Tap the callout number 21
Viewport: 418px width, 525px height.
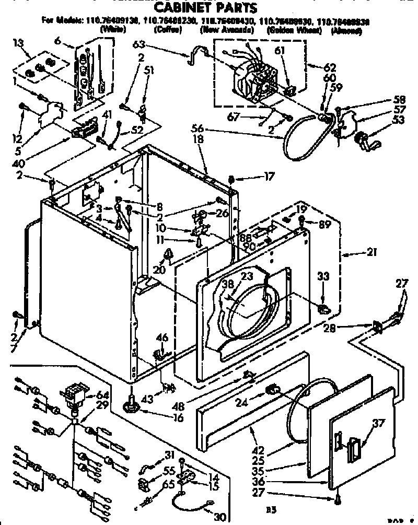pos(372,254)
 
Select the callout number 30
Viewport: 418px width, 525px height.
pos(219,517)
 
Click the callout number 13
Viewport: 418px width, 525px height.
pos(18,41)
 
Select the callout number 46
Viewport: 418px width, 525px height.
pos(162,338)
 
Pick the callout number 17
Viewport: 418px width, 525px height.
pos(269,177)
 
